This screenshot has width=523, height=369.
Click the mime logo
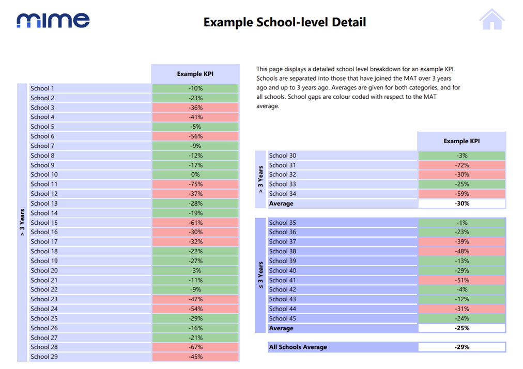[53, 20]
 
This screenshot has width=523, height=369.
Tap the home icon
[491, 19]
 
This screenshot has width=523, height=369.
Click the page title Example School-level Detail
[285, 22]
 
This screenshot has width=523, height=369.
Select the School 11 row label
[44, 184]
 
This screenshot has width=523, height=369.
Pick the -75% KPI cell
[195, 184]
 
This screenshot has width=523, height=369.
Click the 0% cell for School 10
[195, 175]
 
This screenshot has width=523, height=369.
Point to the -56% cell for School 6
[195, 136]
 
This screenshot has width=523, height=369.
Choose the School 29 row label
[44, 357]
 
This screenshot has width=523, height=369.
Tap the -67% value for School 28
[195, 347]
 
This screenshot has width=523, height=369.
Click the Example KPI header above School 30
[462, 141]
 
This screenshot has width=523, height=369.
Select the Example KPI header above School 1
[195, 74]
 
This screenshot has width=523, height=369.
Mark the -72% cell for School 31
[462, 165]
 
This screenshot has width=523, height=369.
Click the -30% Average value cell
[462, 204]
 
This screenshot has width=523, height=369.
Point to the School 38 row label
[283, 251]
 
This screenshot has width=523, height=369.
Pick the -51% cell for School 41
[462, 280]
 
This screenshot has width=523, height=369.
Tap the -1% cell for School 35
[462, 223]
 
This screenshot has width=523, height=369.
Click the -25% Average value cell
[462, 328]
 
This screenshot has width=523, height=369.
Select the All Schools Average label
[298, 347]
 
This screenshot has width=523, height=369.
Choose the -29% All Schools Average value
[462, 347]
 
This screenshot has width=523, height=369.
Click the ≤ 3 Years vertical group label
[260, 275]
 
